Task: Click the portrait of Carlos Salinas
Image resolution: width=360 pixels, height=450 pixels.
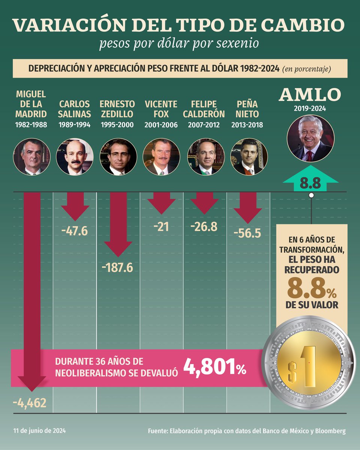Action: point(75,157)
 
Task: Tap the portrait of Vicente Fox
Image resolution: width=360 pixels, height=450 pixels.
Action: point(161,157)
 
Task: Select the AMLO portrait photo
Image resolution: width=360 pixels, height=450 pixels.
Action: point(310,138)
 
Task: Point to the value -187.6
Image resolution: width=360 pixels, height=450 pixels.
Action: point(117,268)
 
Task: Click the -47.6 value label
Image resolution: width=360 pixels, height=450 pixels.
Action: point(74,231)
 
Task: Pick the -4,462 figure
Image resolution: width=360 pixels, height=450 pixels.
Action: point(30,403)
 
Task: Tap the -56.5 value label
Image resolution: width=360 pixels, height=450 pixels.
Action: point(247,233)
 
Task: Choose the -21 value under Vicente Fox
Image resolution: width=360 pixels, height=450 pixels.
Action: point(161,226)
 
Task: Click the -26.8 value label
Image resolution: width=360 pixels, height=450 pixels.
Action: point(204,226)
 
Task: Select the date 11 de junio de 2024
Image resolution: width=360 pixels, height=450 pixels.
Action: point(40,431)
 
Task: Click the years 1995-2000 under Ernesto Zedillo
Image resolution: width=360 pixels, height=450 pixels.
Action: point(117,125)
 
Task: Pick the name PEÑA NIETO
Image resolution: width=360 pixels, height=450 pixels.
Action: point(247,109)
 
